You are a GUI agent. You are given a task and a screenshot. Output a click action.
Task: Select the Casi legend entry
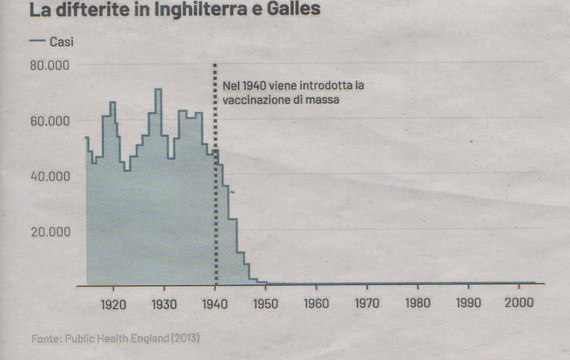point(60,41)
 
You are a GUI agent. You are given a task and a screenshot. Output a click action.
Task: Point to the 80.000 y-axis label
point(50,65)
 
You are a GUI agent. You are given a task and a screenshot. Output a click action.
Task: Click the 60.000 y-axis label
point(50,121)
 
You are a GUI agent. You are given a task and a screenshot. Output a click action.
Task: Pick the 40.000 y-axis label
point(50,176)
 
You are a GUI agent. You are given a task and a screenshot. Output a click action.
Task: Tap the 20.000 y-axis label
point(50,231)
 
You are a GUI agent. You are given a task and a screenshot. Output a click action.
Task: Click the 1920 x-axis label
point(114,304)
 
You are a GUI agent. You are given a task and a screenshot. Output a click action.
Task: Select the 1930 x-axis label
point(164,304)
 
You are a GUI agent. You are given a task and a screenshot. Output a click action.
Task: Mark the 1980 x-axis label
point(417,304)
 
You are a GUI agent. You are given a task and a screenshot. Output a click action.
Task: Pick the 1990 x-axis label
point(468,304)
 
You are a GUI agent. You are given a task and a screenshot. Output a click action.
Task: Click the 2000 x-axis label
point(519,304)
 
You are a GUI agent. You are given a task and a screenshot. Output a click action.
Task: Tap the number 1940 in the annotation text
point(252,86)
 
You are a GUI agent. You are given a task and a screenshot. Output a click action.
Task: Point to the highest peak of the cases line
point(158,89)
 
